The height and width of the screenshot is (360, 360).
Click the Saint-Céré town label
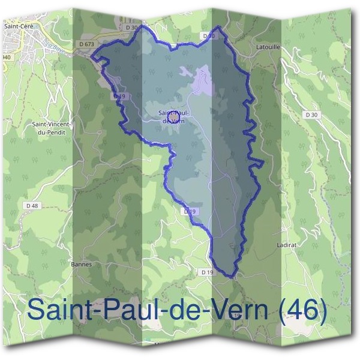point(17,26)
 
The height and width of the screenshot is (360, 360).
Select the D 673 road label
point(86,44)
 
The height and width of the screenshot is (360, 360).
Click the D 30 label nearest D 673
point(132,27)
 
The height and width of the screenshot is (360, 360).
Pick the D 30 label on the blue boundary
point(209,36)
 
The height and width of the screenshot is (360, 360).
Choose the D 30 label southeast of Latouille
point(311,114)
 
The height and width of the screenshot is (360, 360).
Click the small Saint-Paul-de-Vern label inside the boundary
point(174,116)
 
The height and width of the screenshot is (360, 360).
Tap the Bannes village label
point(80,263)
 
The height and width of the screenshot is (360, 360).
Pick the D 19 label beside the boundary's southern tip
point(207,272)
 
